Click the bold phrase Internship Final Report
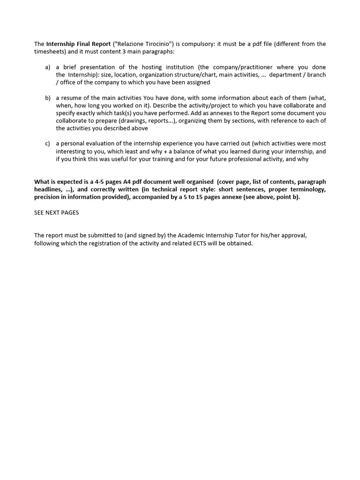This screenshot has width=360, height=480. (x=78, y=44)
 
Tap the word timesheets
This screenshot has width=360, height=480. (x=51, y=52)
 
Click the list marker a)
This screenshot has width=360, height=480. (x=48, y=67)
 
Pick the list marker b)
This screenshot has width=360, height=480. (x=48, y=97)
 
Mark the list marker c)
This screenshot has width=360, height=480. (x=48, y=143)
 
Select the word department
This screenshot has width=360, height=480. (x=287, y=75)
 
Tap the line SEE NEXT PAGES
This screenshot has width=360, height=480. (x=57, y=212)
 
